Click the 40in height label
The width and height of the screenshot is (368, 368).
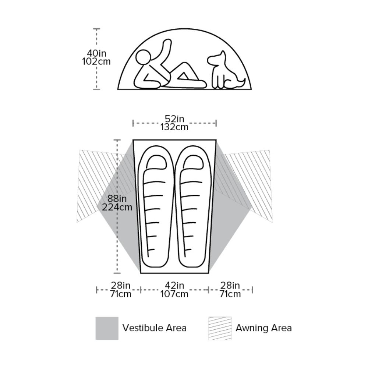point(96,53)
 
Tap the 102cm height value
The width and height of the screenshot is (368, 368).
point(96,61)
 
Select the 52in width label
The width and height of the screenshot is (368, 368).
point(174,119)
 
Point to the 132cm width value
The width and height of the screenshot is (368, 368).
point(174,127)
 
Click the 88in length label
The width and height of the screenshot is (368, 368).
point(117,199)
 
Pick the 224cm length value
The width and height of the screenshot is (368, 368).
point(117,207)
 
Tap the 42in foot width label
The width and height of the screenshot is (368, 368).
point(174,286)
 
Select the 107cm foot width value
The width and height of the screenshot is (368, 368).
point(174,294)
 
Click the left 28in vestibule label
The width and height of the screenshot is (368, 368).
point(120,286)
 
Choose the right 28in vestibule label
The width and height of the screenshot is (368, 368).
point(230,286)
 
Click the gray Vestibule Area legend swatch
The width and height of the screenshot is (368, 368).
point(107,328)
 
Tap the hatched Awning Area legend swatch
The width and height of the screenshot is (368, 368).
point(220,328)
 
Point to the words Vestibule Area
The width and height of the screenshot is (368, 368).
point(155,328)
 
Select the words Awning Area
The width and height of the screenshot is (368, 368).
point(263,328)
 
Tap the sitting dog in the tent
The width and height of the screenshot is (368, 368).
point(226,70)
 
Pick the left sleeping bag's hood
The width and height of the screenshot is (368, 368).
point(156,162)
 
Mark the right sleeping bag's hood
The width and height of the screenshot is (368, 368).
point(194,162)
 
